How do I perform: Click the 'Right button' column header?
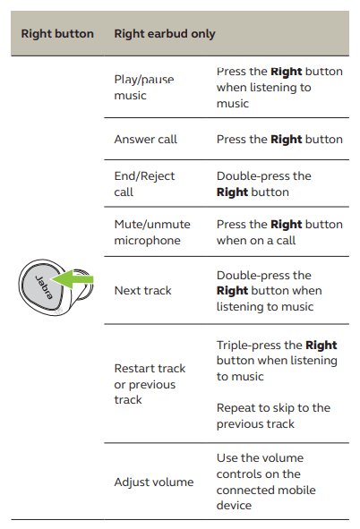pos(57,34)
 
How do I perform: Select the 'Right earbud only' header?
pos(165,34)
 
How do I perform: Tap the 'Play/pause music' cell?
pos(144,88)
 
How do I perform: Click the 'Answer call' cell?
pos(145,139)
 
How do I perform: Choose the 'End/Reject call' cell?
pos(144,183)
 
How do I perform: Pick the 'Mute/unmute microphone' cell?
pos(152,232)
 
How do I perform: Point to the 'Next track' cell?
pos(142,291)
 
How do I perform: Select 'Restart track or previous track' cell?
pos(150,384)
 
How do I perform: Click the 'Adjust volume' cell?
pos(154,482)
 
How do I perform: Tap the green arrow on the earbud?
pos(73,279)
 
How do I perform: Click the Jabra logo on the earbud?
pos(44,287)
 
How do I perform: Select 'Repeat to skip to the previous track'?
pos(273,415)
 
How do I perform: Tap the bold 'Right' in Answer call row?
pos(286,140)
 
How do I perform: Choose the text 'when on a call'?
pos(256,240)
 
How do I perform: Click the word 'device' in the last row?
pos(234,505)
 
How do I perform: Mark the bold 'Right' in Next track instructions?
pos(232,291)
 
